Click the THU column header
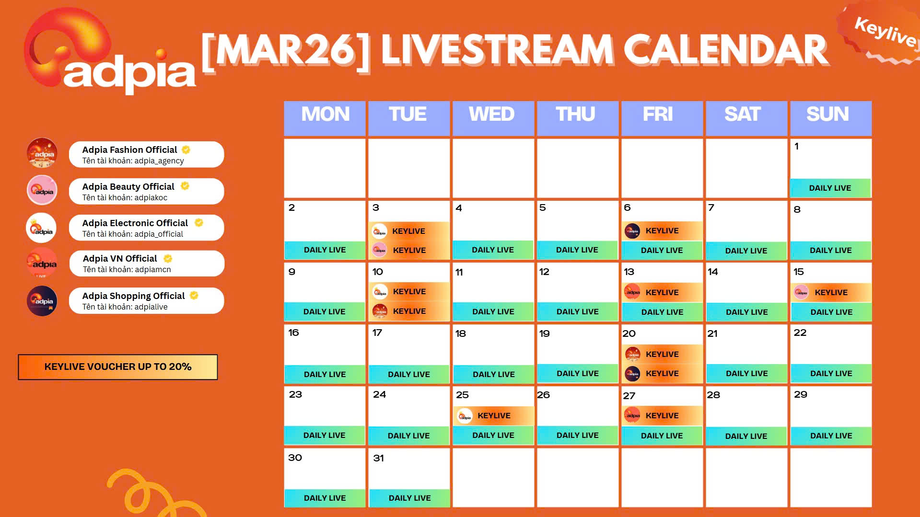point(577,118)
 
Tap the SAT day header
point(746,118)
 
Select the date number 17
point(377,333)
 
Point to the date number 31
point(378,458)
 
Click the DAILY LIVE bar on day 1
point(830,188)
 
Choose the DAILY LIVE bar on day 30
point(325,498)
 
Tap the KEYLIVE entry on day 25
point(493,415)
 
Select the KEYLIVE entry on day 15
point(831,292)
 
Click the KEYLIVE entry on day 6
point(662,230)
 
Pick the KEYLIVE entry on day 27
point(662,415)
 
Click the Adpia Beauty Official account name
point(128,186)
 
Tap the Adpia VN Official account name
point(120,258)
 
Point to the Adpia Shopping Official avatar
point(42,301)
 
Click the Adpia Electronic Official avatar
point(42,228)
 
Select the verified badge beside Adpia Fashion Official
point(186,149)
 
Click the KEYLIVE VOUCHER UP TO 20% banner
point(118,367)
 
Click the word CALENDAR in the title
point(726,50)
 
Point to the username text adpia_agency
point(159,161)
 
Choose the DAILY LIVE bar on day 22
point(831,373)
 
